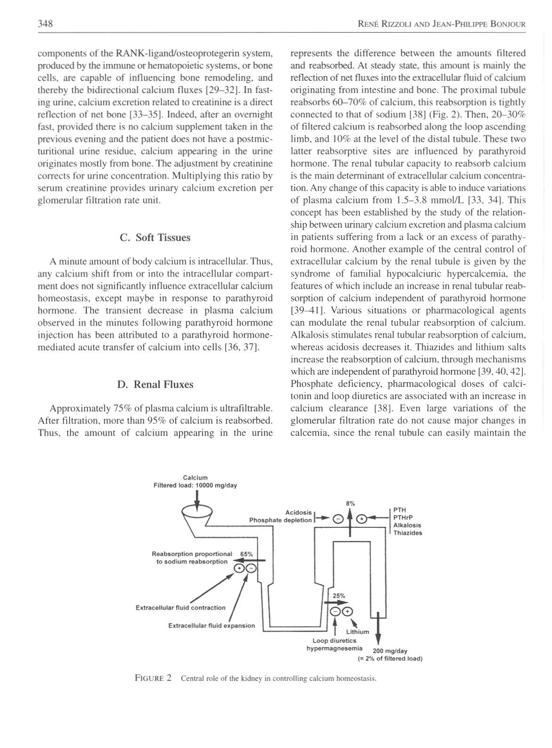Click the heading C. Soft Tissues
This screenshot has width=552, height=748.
[x=155, y=238]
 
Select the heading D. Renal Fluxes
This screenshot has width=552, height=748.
[x=155, y=385]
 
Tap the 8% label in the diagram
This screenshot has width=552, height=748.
[x=350, y=503]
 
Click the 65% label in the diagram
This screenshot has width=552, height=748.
[x=246, y=554]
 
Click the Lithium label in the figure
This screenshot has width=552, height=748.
[x=358, y=632]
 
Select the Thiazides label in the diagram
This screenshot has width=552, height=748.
[x=408, y=533]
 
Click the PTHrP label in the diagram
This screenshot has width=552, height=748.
[x=403, y=517]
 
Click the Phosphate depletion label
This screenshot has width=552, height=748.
[x=280, y=520]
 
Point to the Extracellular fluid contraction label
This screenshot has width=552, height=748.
[x=180, y=608]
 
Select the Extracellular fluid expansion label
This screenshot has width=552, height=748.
[x=211, y=625]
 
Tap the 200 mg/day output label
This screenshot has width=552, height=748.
[x=389, y=651]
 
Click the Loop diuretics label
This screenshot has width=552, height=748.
[x=334, y=640]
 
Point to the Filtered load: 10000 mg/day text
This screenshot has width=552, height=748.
[x=195, y=486]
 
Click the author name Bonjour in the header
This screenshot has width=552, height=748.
[x=507, y=24]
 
